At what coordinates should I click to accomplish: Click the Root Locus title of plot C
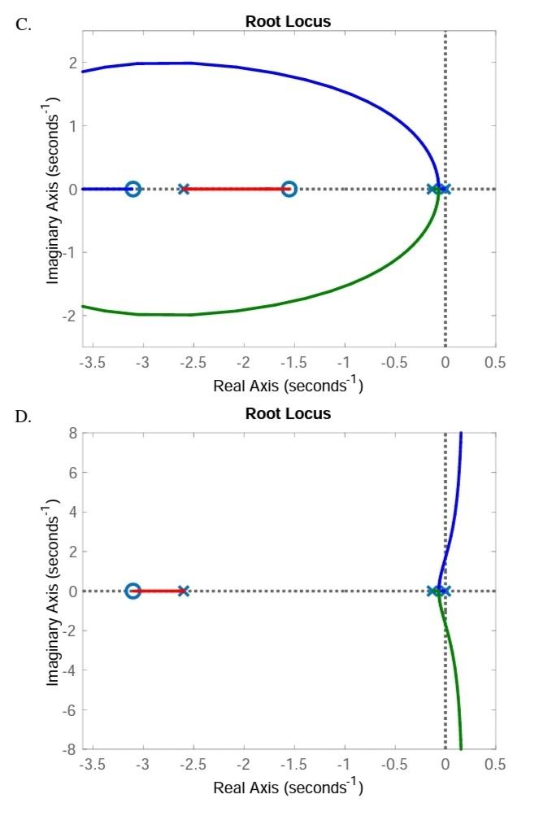pos(288,22)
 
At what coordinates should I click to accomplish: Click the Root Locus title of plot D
pos(288,413)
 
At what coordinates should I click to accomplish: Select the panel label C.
pos(24,24)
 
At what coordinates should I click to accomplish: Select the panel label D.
pos(24,417)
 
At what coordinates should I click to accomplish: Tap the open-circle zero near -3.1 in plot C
pos(133,189)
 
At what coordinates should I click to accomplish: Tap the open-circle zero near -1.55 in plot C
pos(289,189)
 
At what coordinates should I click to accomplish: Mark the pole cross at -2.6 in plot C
pos(184,189)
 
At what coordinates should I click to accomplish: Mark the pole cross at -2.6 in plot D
pos(184,591)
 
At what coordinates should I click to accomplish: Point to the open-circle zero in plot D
pos(133,591)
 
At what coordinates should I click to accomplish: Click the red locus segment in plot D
pos(159,591)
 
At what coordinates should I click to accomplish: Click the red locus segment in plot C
pos(236,189)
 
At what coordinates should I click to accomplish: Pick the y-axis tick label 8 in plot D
pos(72,433)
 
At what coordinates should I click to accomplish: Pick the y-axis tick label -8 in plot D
pos(69,748)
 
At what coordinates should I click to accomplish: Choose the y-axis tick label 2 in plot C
pos(72,63)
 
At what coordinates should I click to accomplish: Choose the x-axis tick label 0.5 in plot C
pos(494,362)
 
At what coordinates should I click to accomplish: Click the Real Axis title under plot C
pos(288,384)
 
